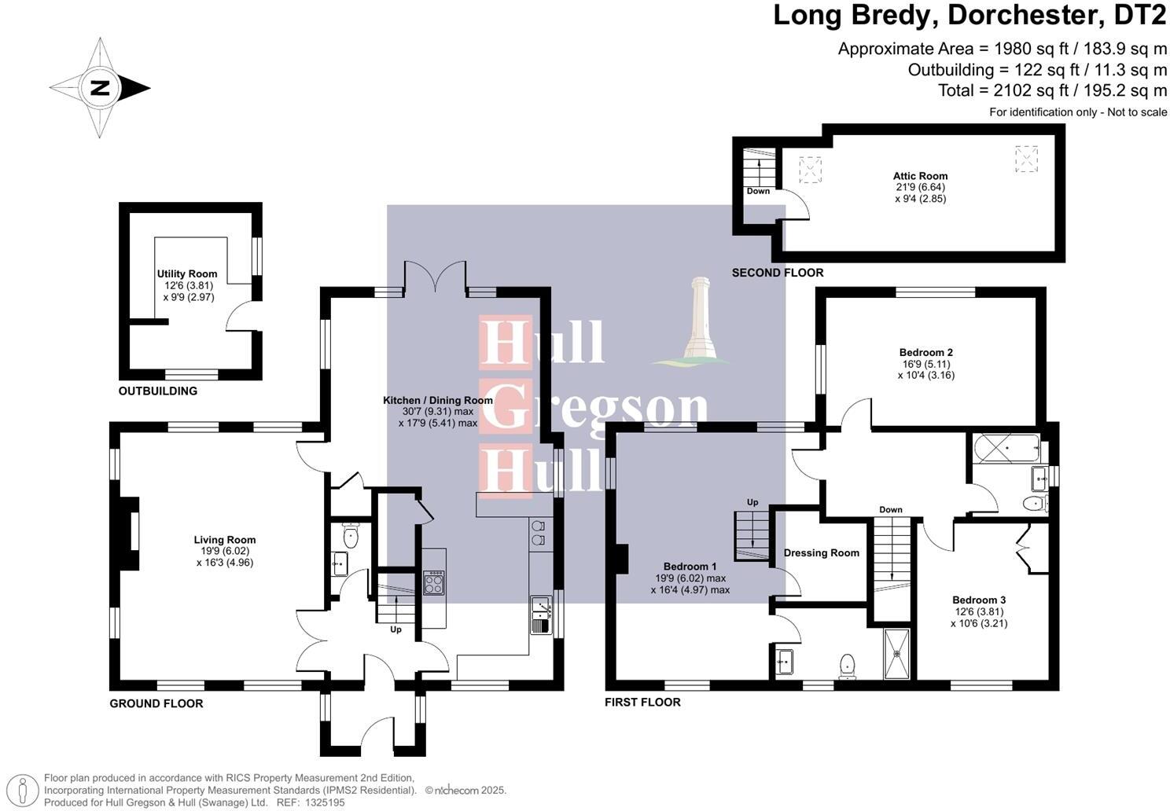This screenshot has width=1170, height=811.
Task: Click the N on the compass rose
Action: (100, 88)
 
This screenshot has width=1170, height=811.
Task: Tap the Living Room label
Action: (225, 540)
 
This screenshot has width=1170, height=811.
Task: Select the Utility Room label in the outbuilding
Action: (187, 274)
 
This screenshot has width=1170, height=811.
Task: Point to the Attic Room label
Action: (920, 176)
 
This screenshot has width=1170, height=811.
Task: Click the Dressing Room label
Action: (821, 552)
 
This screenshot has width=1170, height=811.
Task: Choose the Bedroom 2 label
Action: (925, 352)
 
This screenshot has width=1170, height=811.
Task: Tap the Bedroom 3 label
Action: (978, 600)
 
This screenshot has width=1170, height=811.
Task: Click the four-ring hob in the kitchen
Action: (434, 583)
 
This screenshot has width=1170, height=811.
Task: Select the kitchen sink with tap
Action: (541, 615)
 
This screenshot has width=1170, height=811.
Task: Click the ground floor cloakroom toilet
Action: (351, 536)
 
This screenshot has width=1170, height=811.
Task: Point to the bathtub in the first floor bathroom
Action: (1006, 449)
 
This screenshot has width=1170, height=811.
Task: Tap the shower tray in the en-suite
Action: (897, 654)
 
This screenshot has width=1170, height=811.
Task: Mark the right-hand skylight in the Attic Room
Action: (1026, 159)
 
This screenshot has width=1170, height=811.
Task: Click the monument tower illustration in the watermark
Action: (698, 321)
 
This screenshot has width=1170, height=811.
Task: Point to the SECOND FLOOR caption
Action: (777, 273)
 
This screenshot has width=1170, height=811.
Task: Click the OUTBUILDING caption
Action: (158, 391)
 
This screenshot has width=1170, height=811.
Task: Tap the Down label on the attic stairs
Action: (758, 191)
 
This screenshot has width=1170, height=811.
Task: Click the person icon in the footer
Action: (22, 791)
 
